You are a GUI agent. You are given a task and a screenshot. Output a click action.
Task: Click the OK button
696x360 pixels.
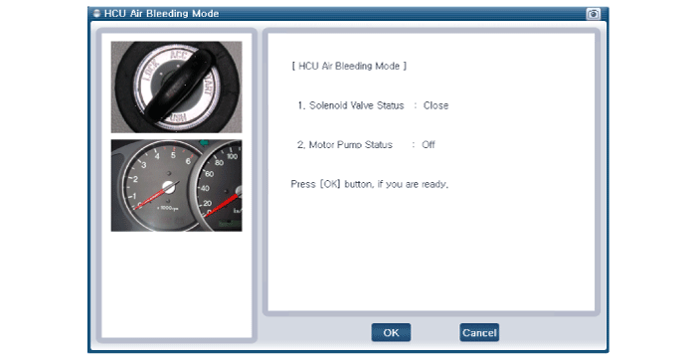(x=391, y=332)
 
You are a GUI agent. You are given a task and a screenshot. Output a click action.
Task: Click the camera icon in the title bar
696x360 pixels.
(x=593, y=14)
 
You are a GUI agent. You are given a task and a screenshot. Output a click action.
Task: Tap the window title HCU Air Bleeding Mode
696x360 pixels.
(x=161, y=13)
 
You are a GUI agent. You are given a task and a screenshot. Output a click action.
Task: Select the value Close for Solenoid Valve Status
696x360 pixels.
(x=435, y=105)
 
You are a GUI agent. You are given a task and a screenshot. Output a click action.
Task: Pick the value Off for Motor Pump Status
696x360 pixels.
(x=429, y=145)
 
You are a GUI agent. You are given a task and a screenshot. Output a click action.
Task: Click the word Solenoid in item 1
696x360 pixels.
(x=328, y=105)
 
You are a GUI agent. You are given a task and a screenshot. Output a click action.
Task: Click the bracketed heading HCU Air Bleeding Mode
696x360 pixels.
(x=349, y=67)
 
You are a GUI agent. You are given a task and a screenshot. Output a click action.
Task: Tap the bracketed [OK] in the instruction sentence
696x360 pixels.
(x=330, y=184)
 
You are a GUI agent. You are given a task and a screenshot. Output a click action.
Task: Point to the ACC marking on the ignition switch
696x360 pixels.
(x=179, y=59)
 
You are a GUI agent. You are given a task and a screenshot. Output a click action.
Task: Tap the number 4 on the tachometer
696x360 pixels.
(x=157, y=156)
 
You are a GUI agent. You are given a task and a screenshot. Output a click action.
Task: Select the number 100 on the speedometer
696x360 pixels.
(x=232, y=156)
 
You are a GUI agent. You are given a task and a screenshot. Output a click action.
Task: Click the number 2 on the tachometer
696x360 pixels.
(x=135, y=179)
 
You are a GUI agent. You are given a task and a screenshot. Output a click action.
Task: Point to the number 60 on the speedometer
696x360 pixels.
(x=209, y=174)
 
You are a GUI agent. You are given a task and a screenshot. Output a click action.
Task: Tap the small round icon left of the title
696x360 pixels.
(x=96, y=13)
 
